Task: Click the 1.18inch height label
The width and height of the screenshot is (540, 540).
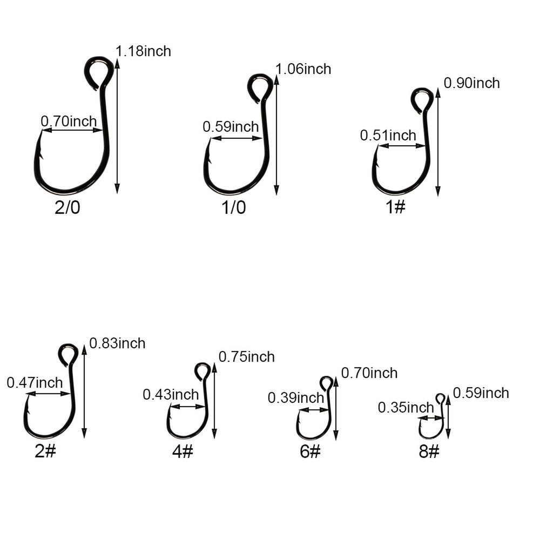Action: (143, 51)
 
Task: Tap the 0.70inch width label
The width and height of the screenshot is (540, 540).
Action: (69, 121)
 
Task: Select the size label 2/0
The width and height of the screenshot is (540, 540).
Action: (67, 207)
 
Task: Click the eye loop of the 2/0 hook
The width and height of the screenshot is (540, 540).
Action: (99, 70)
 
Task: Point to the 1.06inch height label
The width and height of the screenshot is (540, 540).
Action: (303, 69)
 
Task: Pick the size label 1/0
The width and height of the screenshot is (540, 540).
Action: (234, 207)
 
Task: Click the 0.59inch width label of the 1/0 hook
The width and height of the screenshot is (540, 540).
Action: (231, 127)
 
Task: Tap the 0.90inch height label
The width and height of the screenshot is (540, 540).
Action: (471, 83)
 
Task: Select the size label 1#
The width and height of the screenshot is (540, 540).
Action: (395, 207)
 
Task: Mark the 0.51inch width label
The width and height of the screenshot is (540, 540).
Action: (388, 135)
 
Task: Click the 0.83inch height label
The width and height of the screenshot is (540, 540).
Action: (117, 343)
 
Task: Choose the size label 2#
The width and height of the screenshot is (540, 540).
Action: (45, 451)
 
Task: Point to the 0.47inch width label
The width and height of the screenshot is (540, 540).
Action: (35, 383)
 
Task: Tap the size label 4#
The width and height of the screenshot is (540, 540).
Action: (183, 451)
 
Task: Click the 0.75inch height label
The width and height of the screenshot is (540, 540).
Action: (246, 357)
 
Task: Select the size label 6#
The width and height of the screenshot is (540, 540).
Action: (310, 451)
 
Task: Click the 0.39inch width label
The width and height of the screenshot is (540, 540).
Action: (295, 398)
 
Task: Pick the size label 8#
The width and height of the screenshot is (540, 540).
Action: (429, 451)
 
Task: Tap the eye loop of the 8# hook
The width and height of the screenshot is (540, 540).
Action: (441, 399)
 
